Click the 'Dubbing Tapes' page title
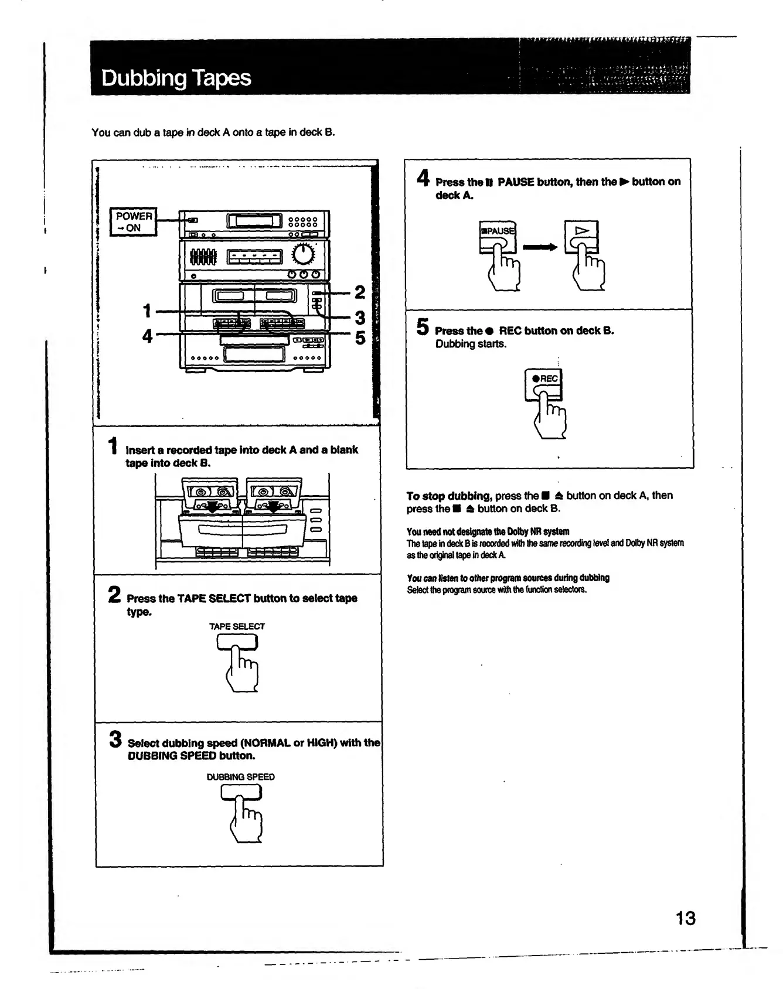click(176, 78)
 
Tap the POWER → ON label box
click(134, 221)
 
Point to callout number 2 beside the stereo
click(360, 292)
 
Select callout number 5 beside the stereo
click(360, 338)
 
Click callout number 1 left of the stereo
click(147, 311)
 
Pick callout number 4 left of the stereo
click(147, 336)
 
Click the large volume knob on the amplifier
click(304, 254)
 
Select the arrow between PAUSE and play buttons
click(540, 247)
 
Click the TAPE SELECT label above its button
click(237, 626)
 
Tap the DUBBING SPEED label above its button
click(240, 777)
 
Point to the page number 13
click(685, 918)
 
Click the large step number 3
click(115, 739)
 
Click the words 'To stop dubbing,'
click(449, 496)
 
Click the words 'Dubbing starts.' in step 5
click(471, 344)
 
